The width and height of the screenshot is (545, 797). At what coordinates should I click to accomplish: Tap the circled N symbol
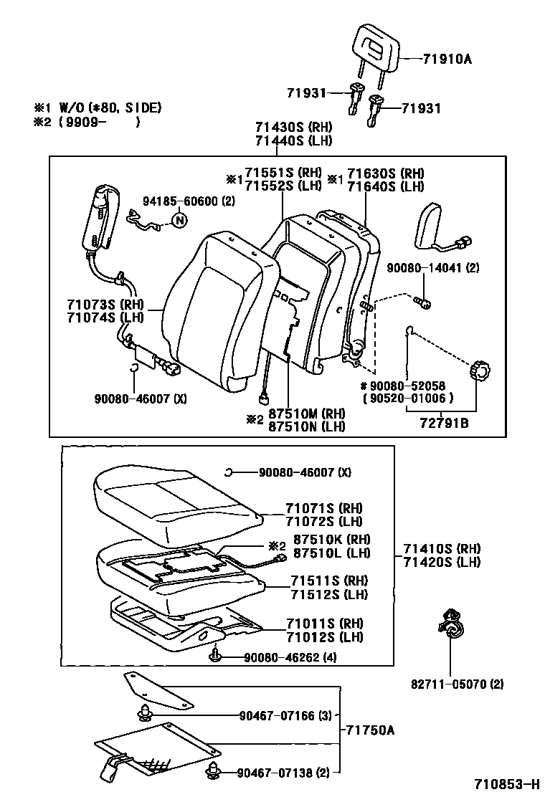pos(179,220)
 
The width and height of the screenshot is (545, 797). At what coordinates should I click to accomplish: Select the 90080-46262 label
pos(290,657)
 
